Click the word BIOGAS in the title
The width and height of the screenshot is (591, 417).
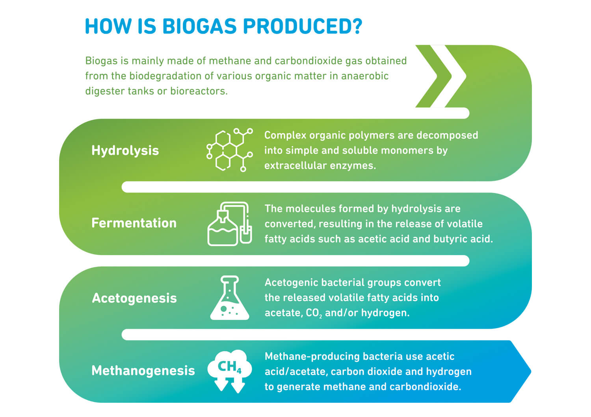[199, 26]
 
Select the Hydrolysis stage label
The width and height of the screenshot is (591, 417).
[125, 151]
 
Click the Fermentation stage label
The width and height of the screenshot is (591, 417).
[134, 223]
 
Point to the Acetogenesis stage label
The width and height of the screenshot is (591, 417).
[134, 298]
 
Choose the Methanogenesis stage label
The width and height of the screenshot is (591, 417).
[143, 371]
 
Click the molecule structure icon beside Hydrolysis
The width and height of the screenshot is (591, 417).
[230, 150]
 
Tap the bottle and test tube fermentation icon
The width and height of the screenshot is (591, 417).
[230, 224]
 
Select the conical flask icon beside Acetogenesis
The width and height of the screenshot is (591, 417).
[230, 298]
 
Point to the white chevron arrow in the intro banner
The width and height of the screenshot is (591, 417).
[448, 76]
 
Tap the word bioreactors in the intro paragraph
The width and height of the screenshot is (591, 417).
[199, 91]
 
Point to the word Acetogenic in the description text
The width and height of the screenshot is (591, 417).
[291, 283]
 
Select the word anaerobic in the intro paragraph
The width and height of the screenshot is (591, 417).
[364, 76]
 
